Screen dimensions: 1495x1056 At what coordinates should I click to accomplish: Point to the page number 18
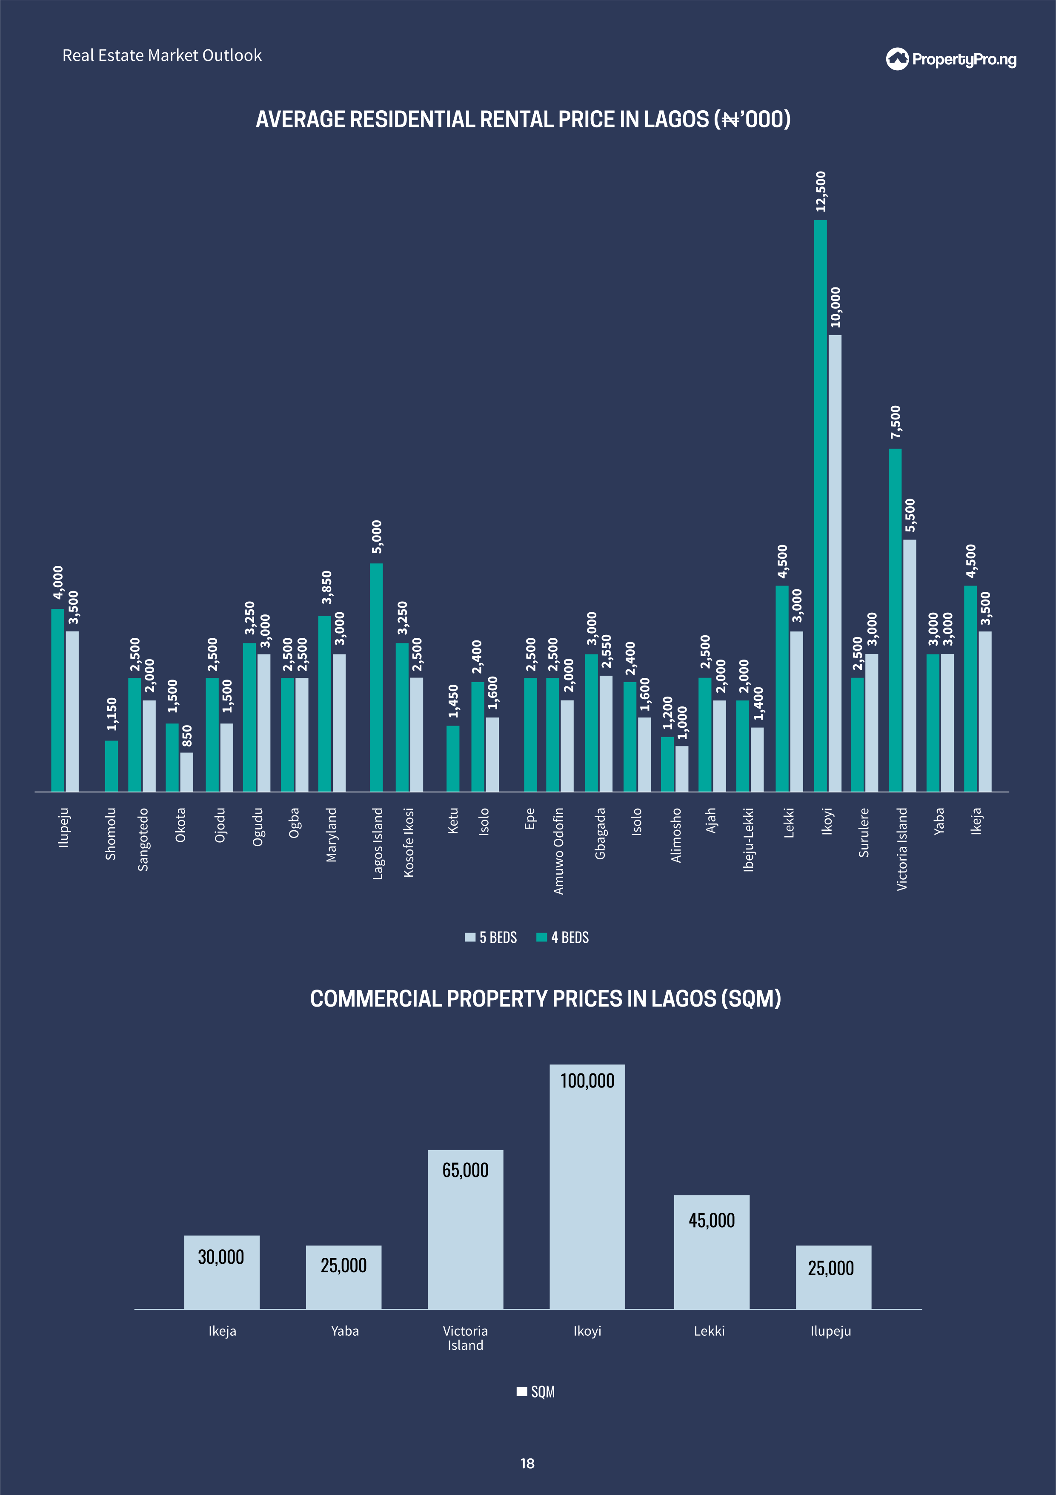pos(527,1463)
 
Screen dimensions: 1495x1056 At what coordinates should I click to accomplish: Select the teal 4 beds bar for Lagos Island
pos(376,677)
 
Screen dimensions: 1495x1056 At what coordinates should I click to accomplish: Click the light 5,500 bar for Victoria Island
pos(910,666)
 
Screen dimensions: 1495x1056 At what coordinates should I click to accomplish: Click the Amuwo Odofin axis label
pos(558,850)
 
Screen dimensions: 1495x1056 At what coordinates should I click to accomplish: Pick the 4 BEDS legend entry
pos(563,937)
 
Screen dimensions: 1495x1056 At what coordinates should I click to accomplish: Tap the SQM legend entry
pos(536,1392)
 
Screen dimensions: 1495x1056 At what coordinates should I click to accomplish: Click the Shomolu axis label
pos(111,833)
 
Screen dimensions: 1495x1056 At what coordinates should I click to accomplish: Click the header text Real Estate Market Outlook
pos(162,55)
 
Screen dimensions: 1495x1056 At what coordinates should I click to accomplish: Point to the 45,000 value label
pos(712,1220)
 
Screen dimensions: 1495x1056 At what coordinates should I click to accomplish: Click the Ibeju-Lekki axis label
pos(749,839)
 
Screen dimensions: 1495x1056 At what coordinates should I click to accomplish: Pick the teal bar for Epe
pos(531,735)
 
